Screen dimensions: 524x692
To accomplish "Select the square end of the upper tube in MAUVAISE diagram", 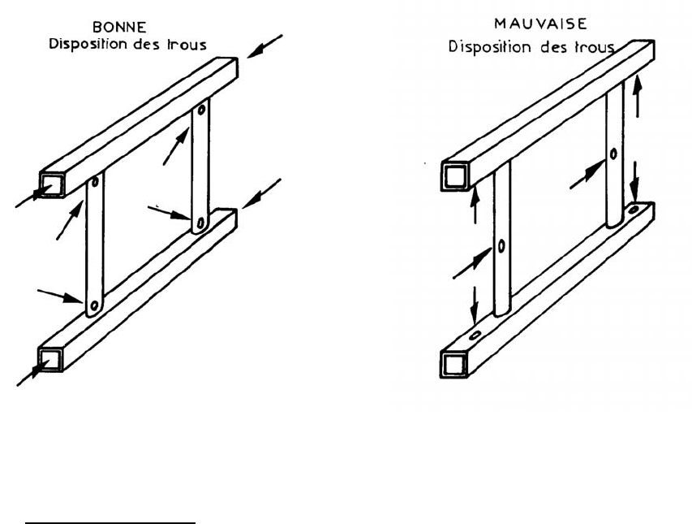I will [x=453, y=176].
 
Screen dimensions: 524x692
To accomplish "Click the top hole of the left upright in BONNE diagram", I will [x=95, y=183].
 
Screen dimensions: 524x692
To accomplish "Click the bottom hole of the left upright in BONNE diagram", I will [x=94, y=305].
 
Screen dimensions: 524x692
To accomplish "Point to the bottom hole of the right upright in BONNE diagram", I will [x=200, y=222].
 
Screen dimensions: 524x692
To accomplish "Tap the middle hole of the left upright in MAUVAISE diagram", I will [x=502, y=245].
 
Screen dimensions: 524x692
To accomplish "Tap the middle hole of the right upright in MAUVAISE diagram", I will [x=613, y=154].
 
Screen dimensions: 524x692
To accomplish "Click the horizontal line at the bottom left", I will [x=110, y=523].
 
